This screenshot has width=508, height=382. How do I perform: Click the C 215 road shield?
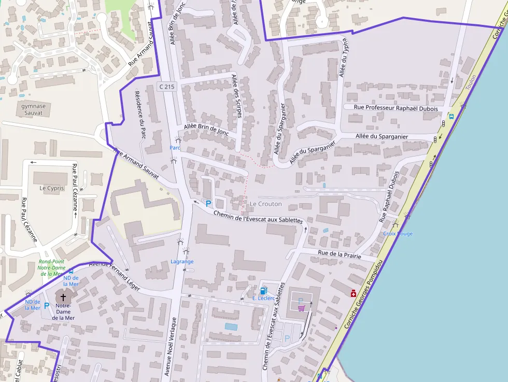[x=167, y=87]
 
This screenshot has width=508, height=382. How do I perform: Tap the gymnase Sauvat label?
[x=34, y=109]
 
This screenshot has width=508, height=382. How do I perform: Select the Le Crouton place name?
[x=266, y=204]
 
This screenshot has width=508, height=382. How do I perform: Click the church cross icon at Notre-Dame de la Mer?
[x=63, y=297]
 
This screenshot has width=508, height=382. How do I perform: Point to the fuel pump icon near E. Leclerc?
[x=264, y=290]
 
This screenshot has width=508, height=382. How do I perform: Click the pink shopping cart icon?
[x=301, y=308]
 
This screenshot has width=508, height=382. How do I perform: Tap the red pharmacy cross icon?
[x=354, y=293]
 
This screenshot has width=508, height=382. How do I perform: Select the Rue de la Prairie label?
[x=339, y=253]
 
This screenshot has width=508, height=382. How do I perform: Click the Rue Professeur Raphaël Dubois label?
[x=396, y=108]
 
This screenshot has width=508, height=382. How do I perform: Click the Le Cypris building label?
[x=51, y=188]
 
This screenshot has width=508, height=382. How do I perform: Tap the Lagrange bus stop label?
[x=182, y=262]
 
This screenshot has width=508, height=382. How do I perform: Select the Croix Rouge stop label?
[x=398, y=234]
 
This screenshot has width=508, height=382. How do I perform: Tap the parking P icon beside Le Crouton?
[x=208, y=204]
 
